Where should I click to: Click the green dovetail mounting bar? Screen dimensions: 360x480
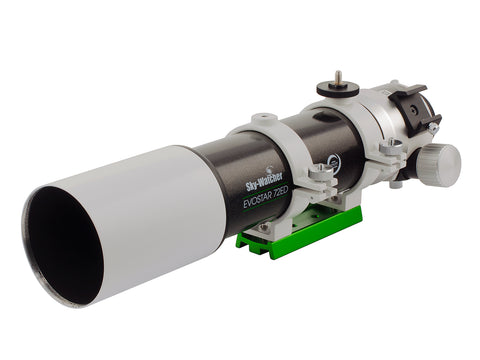pyautogui.click(x=300, y=232)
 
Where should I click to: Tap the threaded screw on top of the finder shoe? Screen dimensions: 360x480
pyautogui.click(x=341, y=75)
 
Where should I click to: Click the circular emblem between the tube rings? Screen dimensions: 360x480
pyautogui.click(x=330, y=160)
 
